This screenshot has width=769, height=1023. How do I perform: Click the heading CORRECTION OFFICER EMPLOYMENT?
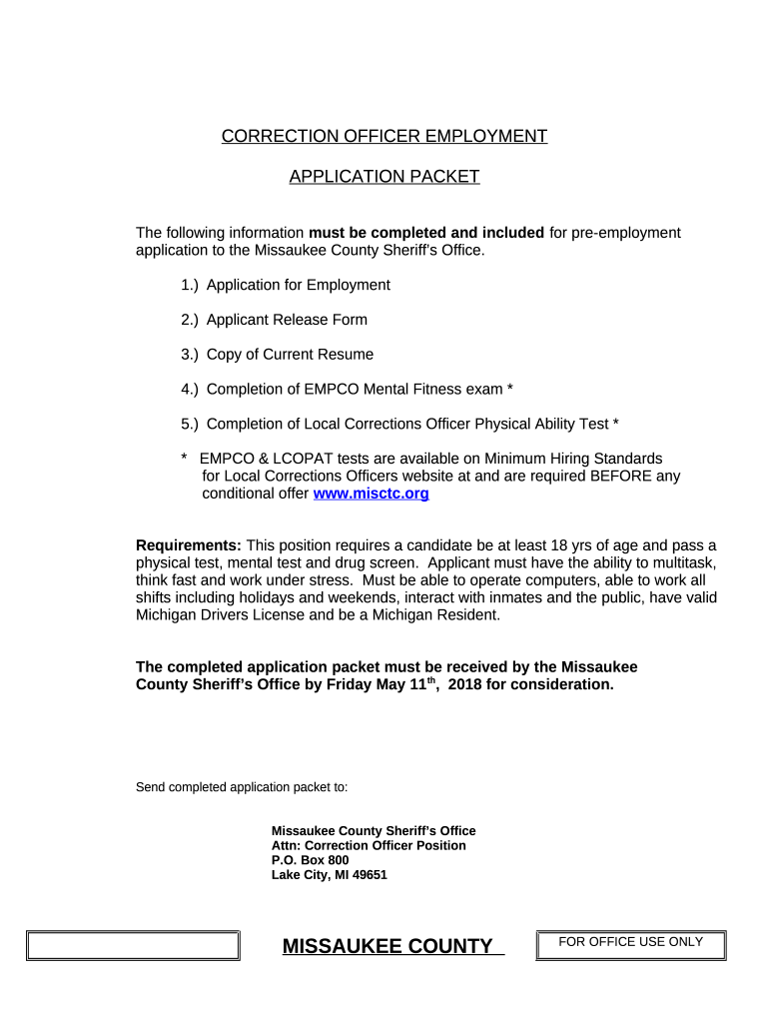click(384, 137)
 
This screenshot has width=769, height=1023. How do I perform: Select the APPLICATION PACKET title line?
click(384, 177)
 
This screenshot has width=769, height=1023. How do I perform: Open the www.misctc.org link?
click(372, 494)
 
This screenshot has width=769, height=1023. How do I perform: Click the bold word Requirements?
click(189, 545)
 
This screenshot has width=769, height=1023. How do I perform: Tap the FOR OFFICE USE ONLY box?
click(631, 942)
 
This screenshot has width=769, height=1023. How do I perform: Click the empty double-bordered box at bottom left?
click(133, 946)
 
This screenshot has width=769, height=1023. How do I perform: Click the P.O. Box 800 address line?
click(311, 860)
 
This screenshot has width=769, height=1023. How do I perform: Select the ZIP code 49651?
click(369, 875)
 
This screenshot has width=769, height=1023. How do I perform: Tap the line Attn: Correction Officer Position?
click(369, 846)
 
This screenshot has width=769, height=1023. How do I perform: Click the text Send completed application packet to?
click(242, 787)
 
